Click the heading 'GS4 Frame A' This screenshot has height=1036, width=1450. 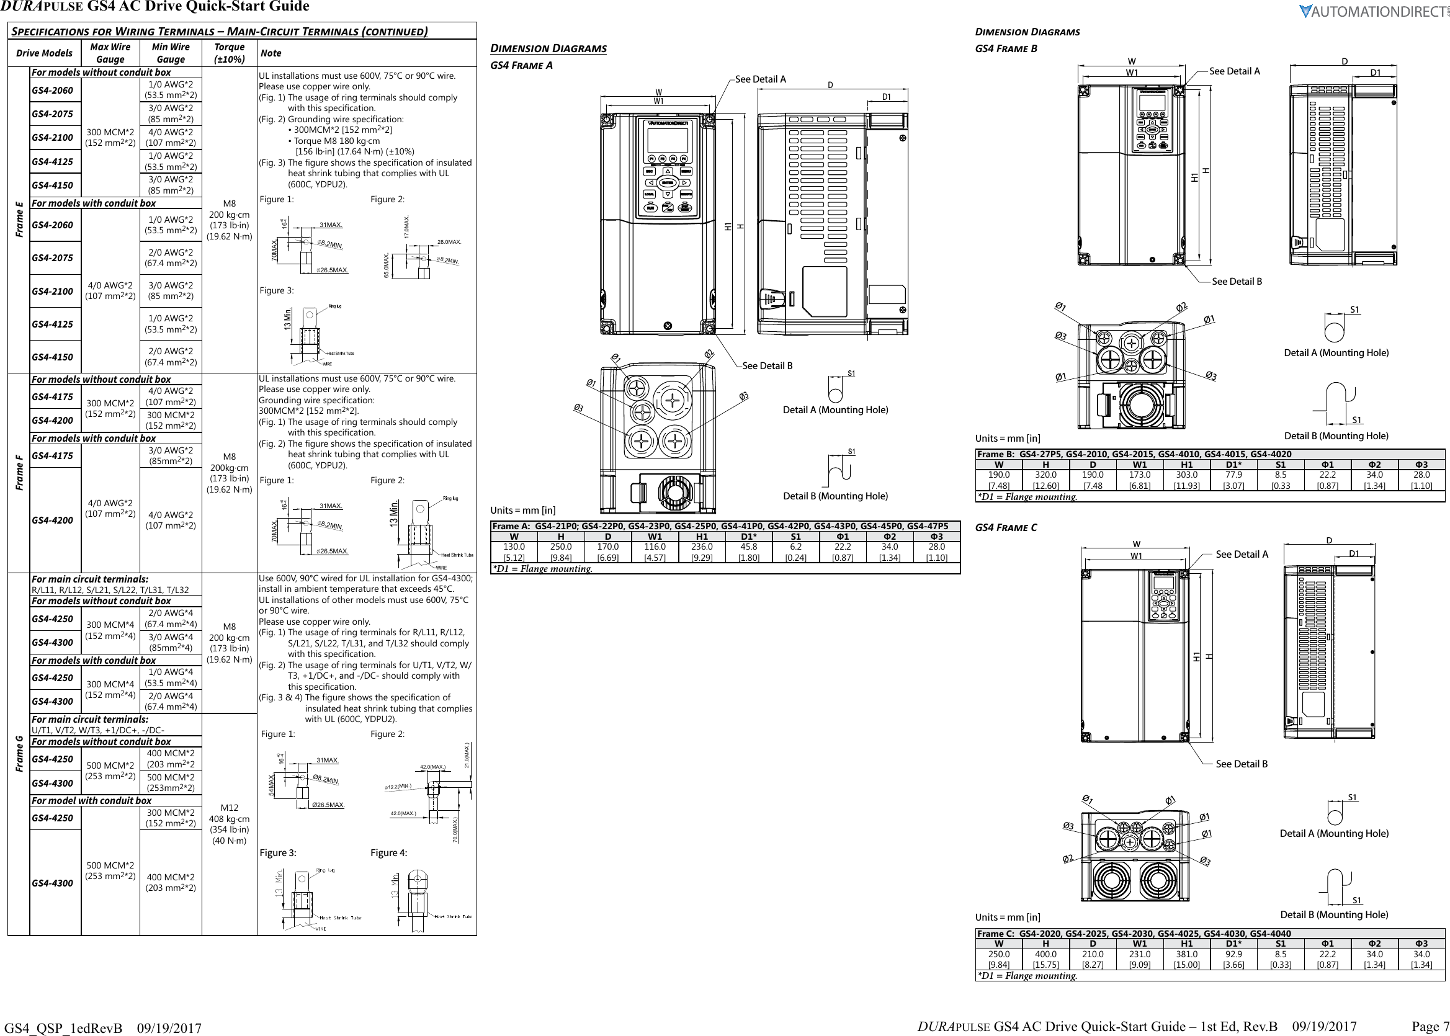point(521,65)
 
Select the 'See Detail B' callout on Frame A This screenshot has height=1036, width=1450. point(767,365)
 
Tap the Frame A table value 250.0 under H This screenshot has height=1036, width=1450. point(561,547)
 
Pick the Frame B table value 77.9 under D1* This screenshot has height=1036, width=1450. point(1233,475)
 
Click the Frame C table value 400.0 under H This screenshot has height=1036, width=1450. point(1045,954)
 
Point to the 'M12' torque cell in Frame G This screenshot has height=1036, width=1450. point(229,808)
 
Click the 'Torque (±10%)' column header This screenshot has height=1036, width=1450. point(229,53)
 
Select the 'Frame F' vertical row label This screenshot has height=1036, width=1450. point(19,473)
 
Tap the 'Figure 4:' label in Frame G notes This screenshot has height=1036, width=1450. point(388,853)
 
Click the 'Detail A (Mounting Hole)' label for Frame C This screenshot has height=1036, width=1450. point(1334,833)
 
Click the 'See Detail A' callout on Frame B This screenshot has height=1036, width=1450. point(1234,71)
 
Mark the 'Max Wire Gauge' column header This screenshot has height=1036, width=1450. point(110,53)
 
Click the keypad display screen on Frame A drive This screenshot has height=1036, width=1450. point(667,140)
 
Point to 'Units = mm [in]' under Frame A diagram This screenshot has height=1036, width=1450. point(522,510)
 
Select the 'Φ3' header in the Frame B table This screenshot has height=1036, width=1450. point(1421,465)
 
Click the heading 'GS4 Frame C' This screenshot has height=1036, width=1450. point(1005,527)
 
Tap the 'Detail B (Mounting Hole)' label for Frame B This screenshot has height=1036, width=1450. point(1336,435)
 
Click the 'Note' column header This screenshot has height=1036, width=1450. point(271,53)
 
